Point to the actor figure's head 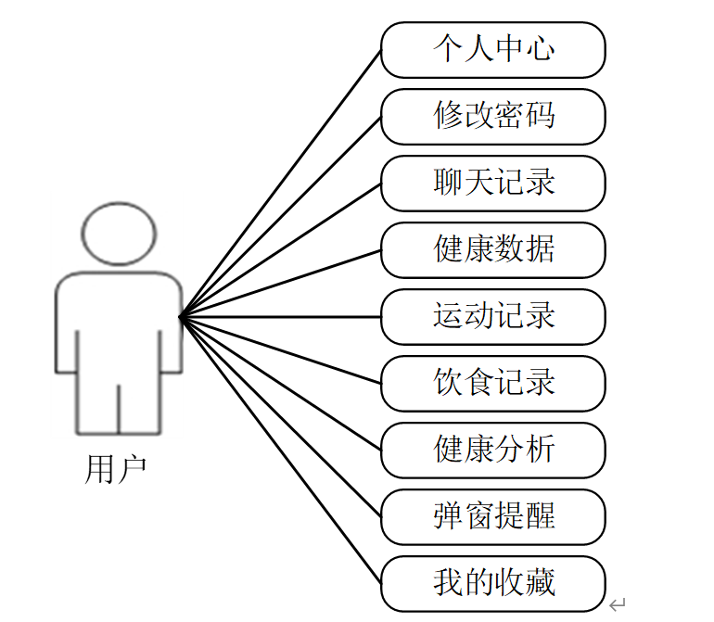tap(118, 231)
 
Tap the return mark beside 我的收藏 tap(618, 603)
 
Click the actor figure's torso tap(118, 324)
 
